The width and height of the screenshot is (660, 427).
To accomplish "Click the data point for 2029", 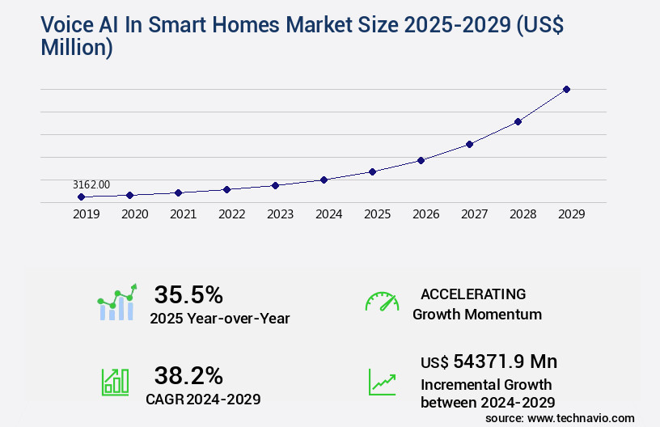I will [x=566, y=89].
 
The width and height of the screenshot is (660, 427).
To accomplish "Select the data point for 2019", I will [x=81, y=197].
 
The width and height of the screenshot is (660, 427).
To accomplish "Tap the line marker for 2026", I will [x=421, y=160].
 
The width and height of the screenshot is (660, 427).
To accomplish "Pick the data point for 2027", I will [x=469, y=144].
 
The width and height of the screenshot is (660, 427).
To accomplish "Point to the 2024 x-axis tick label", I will [x=328, y=214].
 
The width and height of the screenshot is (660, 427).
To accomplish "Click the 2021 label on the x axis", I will [x=183, y=214].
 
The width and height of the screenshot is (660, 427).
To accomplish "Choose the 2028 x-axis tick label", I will [x=522, y=214].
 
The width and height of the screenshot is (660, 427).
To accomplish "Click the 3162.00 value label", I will [x=91, y=184].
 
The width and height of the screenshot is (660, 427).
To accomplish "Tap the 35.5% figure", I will [x=188, y=294].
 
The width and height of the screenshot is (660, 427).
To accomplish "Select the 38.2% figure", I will [x=188, y=375].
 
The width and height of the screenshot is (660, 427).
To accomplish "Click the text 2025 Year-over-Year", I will [x=219, y=319].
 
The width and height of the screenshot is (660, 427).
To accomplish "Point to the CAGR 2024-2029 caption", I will [x=203, y=399].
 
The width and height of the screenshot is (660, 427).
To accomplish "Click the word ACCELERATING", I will [x=473, y=294].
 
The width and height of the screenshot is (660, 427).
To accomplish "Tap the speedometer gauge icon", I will [x=382, y=302].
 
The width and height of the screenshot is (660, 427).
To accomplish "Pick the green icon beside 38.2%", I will [x=114, y=382].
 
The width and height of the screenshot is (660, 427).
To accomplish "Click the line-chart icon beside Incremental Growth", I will [x=382, y=382].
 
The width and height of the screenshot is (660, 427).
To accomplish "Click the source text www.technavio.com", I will [x=582, y=417].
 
